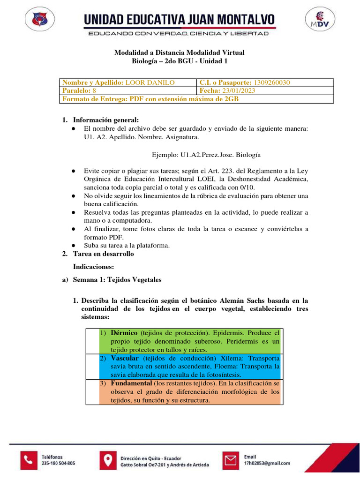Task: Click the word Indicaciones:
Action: click(94, 267)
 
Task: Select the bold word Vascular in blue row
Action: click(126, 358)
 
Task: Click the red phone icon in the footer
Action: click(29, 460)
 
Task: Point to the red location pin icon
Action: click(108, 460)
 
